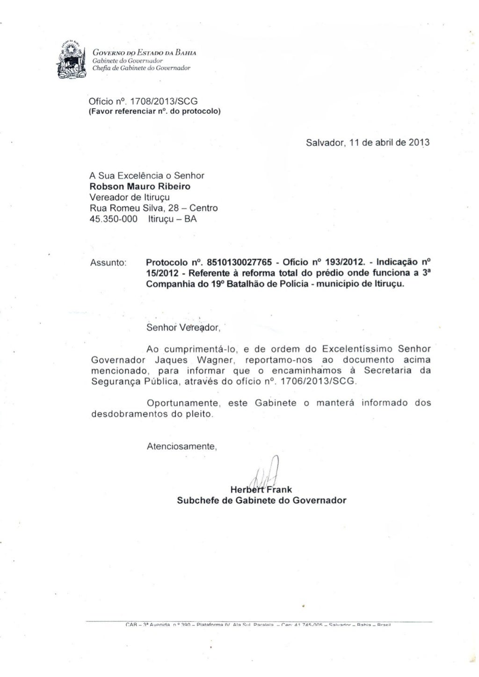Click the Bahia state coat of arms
pos(72,60)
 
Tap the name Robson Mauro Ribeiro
pos(133,186)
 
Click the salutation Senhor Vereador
pos(182,328)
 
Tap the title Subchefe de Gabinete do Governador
pos(261,500)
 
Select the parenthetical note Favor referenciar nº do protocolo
pos(155,112)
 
